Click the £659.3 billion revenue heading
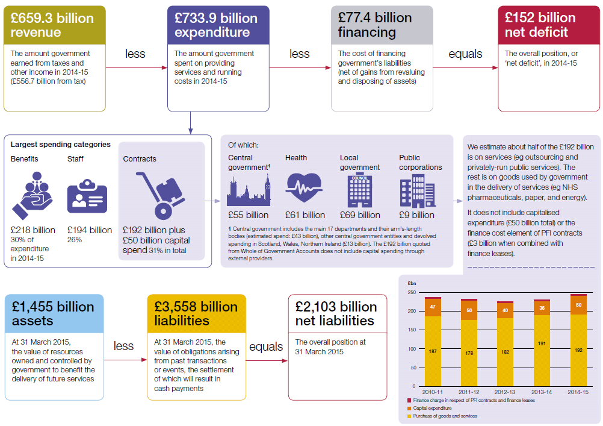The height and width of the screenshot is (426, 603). click(53, 25)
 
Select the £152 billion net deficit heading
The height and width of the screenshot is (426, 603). click(540, 25)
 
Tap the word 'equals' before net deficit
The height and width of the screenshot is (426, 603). click(465, 54)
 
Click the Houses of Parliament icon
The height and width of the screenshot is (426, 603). click(249, 190)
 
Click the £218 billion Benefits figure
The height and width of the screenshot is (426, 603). click(32, 230)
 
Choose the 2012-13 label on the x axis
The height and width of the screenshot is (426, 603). click(504, 392)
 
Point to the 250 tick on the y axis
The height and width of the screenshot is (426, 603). click(412, 292)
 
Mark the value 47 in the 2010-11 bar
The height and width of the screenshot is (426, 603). click(432, 307)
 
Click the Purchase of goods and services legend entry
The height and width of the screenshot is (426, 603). click(444, 416)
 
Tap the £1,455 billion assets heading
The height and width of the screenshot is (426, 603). click(53, 313)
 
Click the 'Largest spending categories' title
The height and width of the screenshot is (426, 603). click(60, 145)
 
